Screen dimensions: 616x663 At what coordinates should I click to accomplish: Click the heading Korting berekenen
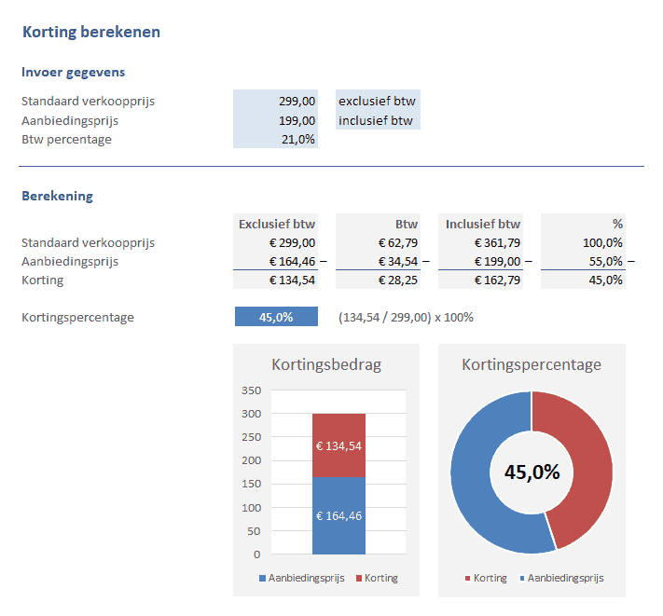pos(90,32)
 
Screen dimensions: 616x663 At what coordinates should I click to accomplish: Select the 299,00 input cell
pos(276,102)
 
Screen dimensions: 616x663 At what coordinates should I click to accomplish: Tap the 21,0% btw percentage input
pos(276,140)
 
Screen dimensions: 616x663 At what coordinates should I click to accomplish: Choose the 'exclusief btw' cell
pos(377,102)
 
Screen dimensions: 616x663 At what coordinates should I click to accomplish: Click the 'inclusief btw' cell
pos(377,120)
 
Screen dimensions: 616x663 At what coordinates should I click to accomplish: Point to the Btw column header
pos(407,224)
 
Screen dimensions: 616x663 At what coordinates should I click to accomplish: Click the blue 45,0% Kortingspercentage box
pos(276,317)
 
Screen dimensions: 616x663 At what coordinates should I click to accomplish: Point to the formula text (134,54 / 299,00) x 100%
pos(406,317)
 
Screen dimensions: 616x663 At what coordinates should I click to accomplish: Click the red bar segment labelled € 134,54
pos(338,445)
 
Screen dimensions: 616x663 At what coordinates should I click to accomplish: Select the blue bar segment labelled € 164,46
pos(338,515)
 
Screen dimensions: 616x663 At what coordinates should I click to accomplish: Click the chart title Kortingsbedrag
pos(326,364)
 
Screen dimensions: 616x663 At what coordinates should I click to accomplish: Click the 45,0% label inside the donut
pos(532,472)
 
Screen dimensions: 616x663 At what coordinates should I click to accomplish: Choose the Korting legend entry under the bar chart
pos(377,578)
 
